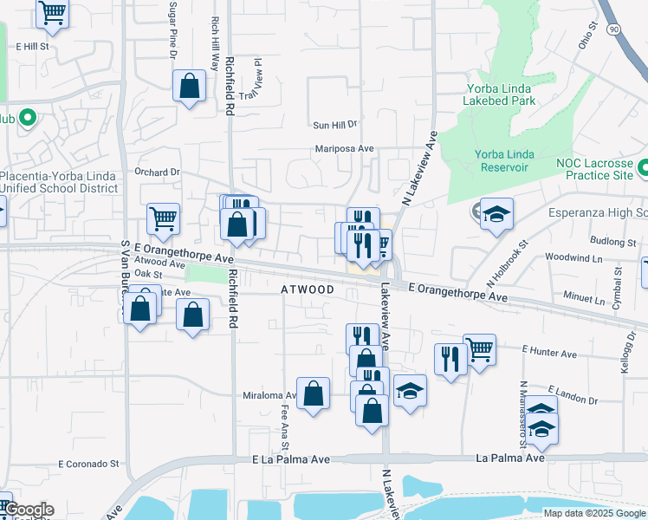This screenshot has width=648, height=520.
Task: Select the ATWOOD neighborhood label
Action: tap(308, 289)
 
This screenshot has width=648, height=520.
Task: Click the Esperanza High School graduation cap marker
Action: tap(496, 214)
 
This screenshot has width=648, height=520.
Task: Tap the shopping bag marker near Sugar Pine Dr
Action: tap(189, 86)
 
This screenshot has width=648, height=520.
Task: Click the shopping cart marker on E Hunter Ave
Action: tap(479, 349)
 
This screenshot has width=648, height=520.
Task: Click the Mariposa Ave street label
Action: tap(344, 149)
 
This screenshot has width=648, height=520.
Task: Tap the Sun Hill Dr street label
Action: tap(335, 125)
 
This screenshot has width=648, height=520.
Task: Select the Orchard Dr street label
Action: tap(157, 172)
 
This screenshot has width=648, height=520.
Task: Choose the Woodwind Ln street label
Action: tap(573, 258)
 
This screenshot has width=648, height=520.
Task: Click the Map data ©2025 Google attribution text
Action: tap(593, 513)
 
